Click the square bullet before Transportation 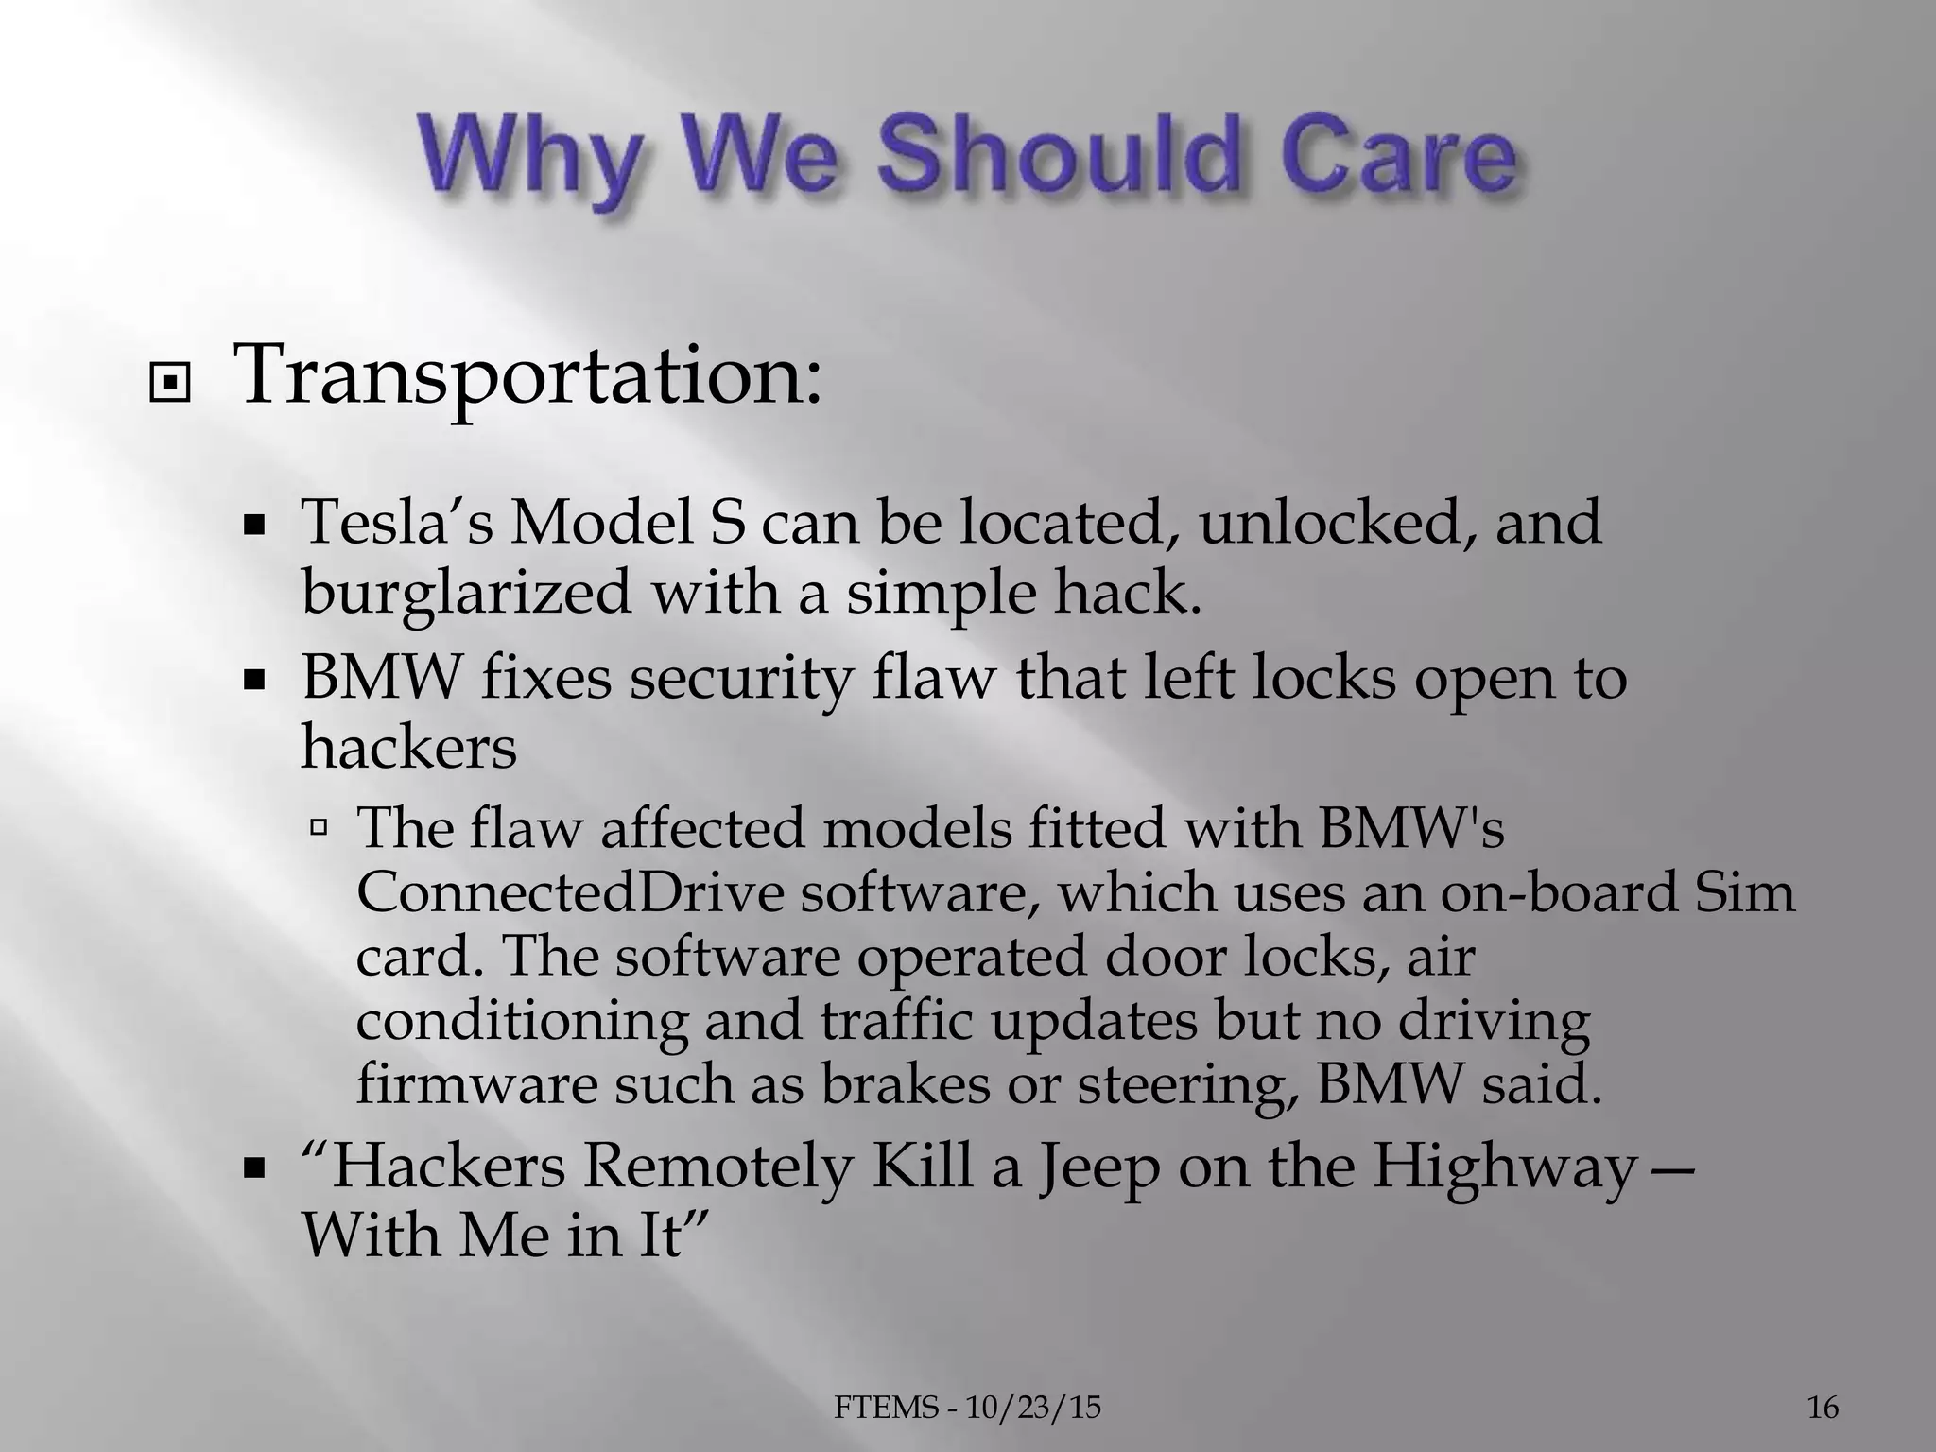[x=170, y=384]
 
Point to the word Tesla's [x=396, y=523]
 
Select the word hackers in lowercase [x=408, y=746]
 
